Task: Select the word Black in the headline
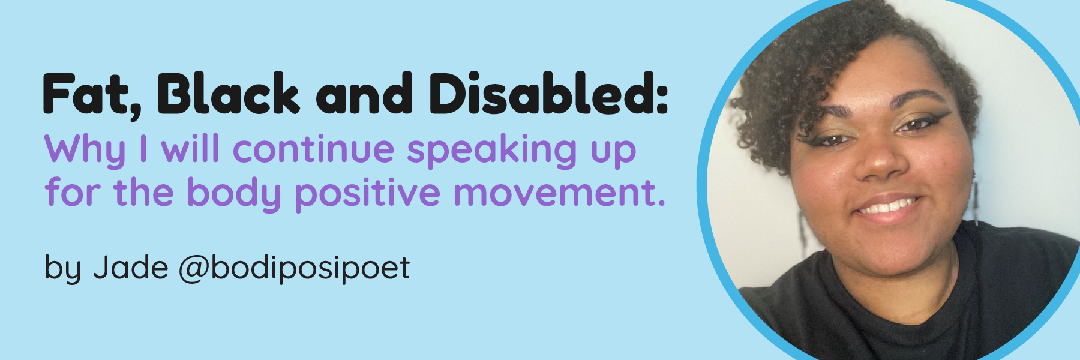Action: (x=228, y=94)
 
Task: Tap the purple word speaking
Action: (x=491, y=150)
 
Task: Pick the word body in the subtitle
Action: (x=233, y=194)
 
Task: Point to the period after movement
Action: (x=661, y=203)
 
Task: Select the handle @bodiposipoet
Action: (x=294, y=269)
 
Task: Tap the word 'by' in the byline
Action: (x=62, y=269)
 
